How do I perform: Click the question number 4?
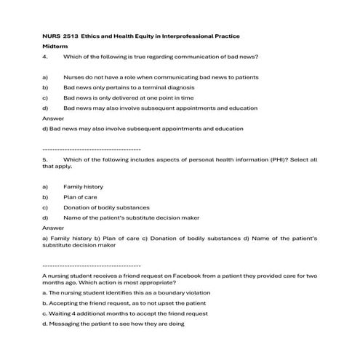(x=45, y=56)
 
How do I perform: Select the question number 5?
(x=45, y=158)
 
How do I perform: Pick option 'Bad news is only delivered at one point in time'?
(x=139, y=97)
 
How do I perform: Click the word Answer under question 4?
(x=54, y=118)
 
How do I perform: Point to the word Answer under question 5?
(x=54, y=228)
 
